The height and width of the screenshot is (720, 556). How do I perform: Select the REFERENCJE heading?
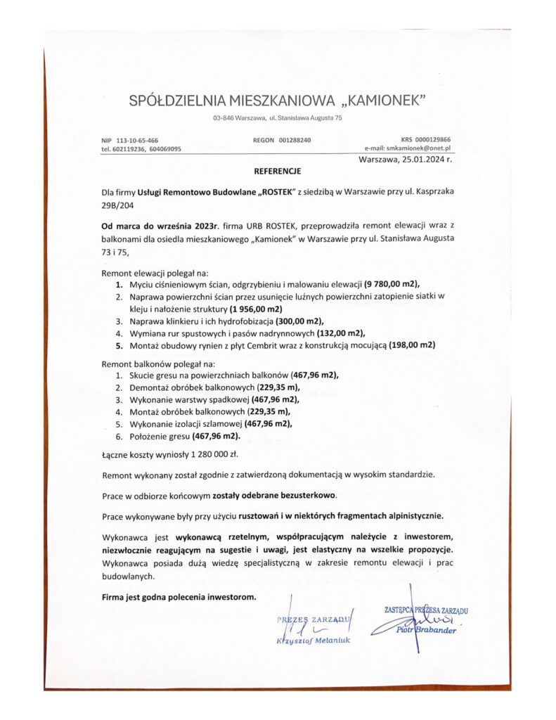277,171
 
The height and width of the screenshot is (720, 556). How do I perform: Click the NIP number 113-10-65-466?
137,141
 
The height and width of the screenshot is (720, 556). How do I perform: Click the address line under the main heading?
278,117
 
